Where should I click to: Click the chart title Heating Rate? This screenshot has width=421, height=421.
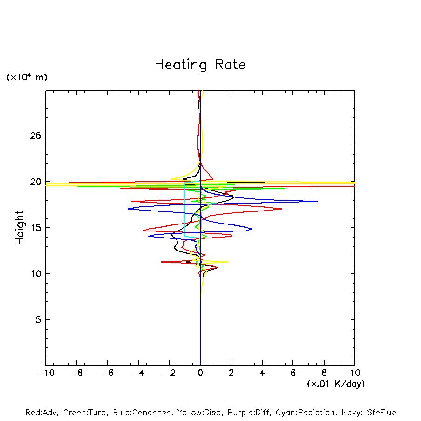[200, 64]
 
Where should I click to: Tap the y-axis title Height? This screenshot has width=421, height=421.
[20, 228]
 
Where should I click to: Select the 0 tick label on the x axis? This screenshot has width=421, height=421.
[200, 373]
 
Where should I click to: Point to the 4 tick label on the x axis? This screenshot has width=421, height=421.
[262, 373]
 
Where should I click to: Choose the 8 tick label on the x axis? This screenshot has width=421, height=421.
[324, 373]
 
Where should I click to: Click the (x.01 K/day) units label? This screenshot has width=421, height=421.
[335, 384]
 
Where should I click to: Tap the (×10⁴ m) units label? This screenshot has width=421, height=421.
[27, 77]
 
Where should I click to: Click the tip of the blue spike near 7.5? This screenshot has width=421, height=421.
[317, 201]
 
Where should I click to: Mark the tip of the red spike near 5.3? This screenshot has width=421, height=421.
[282, 209]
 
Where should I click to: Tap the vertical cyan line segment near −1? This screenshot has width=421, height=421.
[184, 210]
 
